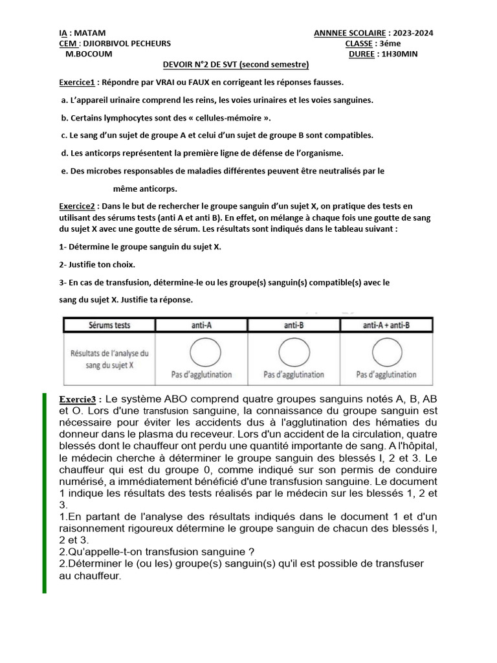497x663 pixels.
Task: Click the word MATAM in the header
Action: (92, 33)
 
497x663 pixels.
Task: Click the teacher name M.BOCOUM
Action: (89, 54)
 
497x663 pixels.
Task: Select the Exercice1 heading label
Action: (77, 82)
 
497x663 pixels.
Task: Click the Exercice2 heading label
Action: (77, 206)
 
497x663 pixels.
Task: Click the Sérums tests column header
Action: (109, 325)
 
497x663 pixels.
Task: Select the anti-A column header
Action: (201, 325)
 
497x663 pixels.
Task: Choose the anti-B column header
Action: (294, 325)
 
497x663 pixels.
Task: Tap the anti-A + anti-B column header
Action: (387, 325)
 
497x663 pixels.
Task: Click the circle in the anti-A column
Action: (202, 352)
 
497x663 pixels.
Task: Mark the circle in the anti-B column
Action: (294, 352)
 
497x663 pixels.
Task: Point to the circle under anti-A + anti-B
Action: (386, 352)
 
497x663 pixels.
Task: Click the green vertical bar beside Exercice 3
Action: (45, 492)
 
